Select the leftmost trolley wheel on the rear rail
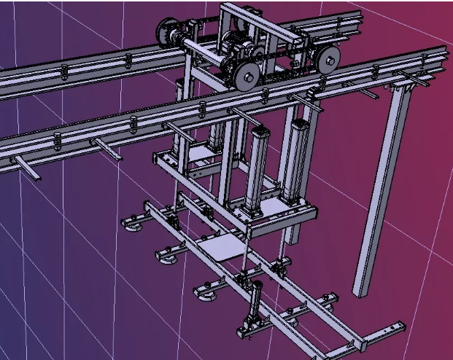click(166, 34)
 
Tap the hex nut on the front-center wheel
click(247, 74)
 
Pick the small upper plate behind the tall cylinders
click(197, 154)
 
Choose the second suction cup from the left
click(166, 256)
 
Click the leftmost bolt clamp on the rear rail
click(65, 71)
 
